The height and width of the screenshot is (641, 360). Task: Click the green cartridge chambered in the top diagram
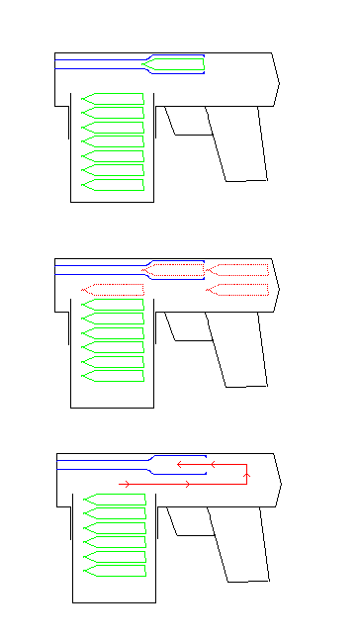[174, 65]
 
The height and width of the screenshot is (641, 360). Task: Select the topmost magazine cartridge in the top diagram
[113, 98]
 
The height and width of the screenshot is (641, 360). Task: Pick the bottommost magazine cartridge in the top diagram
[113, 185]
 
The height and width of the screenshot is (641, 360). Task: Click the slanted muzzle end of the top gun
[275, 78]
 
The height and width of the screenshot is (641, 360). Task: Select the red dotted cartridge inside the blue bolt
[174, 269]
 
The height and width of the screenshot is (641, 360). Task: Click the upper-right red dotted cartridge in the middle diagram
[238, 269]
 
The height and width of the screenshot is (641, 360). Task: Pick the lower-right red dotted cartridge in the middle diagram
[238, 289]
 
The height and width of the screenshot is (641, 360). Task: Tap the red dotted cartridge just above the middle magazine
[113, 290]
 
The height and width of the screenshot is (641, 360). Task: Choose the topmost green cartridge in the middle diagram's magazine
[113, 305]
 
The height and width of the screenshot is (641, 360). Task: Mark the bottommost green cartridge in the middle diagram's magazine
[113, 376]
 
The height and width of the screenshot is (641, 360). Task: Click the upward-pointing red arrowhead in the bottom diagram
[246, 476]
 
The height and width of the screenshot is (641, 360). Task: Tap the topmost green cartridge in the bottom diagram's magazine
[115, 499]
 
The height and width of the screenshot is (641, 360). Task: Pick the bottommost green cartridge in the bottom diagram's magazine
[115, 571]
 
